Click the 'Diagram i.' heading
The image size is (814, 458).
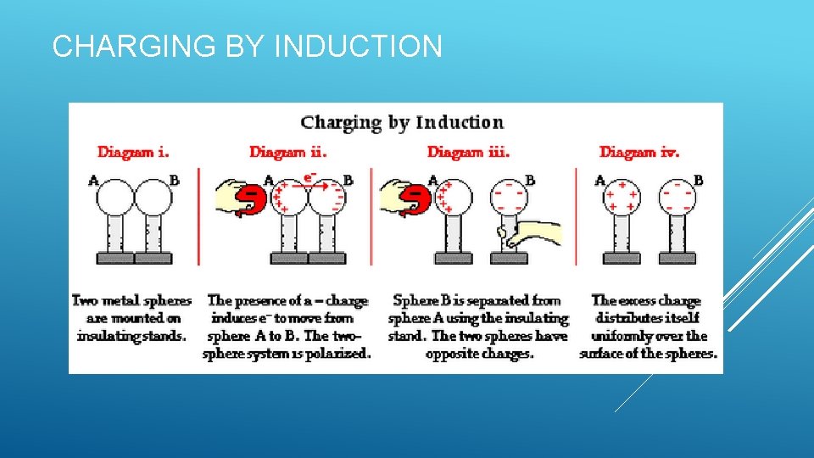133,153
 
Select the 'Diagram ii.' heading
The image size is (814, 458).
288,153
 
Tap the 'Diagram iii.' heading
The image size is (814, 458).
468,153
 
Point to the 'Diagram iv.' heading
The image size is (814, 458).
639,153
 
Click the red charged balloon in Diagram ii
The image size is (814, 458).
251,200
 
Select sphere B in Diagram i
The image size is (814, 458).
153,200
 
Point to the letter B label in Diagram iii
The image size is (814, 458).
530,181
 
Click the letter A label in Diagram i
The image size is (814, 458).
93,181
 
